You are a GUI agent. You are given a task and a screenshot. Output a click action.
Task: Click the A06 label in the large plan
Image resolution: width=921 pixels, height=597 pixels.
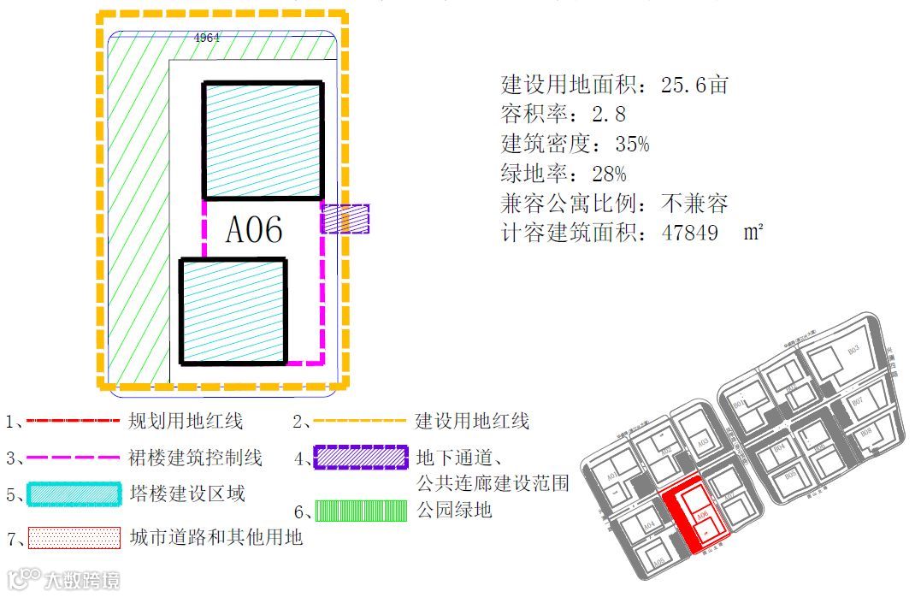tap(254, 230)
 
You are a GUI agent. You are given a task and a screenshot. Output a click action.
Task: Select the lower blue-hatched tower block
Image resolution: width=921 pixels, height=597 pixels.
tap(233, 311)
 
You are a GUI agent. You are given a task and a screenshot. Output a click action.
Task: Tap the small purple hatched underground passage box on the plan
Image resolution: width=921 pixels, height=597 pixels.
tap(345, 219)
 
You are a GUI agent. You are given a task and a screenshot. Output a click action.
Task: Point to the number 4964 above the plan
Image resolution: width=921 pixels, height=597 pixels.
tap(207, 38)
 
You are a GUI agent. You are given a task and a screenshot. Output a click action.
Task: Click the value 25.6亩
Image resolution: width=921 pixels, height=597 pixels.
tap(694, 85)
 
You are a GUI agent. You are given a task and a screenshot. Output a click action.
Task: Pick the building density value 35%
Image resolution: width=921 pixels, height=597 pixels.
tap(632, 144)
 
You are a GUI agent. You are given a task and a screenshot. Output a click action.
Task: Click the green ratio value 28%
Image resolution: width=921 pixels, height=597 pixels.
tap(609, 174)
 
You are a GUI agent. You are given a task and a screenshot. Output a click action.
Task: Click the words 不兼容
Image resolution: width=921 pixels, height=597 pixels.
tap(694, 204)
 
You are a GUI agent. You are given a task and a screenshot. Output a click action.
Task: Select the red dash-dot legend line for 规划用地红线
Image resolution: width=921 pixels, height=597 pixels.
tap(73, 421)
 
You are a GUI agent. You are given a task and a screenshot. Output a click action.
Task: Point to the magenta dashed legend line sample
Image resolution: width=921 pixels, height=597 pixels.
tap(73, 458)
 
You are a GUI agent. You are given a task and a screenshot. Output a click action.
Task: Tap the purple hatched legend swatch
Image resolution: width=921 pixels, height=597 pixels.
tap(359, 458)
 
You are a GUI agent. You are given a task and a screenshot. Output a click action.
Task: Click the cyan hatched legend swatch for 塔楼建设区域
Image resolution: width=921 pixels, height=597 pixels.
tap(73, 494)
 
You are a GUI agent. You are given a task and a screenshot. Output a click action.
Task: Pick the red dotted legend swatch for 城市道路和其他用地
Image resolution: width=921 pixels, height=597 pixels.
tap(73, 538)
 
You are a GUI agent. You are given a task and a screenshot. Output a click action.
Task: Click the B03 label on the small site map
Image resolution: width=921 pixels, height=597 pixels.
tap(853, 351)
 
